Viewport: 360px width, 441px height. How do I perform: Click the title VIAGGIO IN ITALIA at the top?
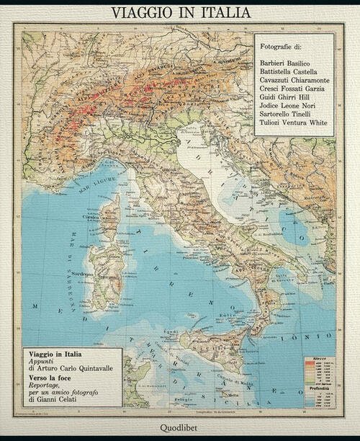(x=180, y=12)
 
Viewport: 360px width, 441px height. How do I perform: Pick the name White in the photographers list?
(x=316, y=122)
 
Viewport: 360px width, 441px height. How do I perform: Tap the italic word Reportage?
(x=50, y=386)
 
